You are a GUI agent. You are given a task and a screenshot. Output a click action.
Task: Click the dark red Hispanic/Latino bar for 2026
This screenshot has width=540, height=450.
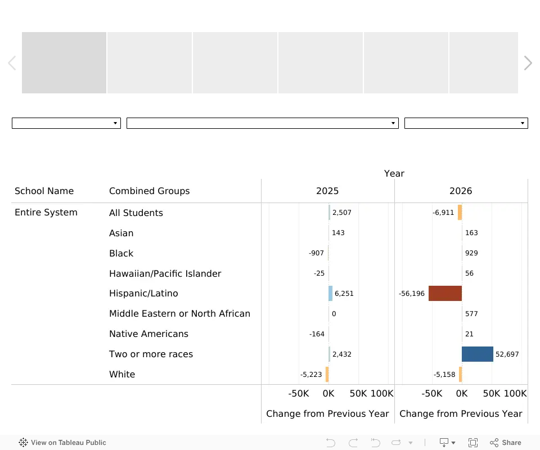click(445, 293)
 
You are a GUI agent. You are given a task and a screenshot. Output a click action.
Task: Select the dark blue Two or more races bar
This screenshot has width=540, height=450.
click(478, 354)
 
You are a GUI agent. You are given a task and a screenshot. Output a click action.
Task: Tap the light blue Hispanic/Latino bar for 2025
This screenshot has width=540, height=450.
click(331, 293)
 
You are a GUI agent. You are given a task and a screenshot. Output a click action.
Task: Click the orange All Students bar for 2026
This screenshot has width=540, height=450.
click(460, 213)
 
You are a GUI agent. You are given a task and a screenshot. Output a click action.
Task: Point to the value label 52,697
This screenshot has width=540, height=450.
click(507, 354)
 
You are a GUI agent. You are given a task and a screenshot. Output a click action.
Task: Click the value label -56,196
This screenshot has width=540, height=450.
click(412, 293)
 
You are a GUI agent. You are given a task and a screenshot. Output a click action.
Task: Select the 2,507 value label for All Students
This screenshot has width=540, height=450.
click(341, 213)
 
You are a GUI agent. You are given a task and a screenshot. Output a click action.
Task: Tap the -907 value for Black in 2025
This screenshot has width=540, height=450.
click(316, 253)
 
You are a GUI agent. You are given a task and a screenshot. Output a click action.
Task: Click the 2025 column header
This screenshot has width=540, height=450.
click(327, 191)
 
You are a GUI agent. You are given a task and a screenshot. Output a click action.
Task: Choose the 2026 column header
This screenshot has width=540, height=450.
click(461, 191)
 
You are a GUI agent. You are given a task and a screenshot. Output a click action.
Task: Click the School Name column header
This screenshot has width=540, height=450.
click(44, 191)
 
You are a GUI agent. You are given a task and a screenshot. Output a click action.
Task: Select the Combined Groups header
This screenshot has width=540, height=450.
click(150, 191)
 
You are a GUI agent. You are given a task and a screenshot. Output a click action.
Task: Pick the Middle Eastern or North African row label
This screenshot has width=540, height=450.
click(180, 313)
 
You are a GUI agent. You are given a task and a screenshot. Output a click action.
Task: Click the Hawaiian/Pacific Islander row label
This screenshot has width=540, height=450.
click(165, 273)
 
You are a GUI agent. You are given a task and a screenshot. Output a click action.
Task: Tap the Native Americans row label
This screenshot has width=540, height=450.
click(148, 334)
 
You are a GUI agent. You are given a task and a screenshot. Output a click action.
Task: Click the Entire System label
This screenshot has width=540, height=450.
click(46, 213)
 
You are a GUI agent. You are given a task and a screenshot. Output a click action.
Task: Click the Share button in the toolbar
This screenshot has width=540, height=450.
click(505, 443)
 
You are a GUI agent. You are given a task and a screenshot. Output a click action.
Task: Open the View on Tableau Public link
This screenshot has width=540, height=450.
click(62, 443)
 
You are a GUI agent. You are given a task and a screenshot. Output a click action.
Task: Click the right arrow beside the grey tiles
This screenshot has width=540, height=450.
click(528, 63)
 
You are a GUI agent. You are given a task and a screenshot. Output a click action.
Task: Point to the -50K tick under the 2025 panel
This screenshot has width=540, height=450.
click(299, 394)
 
